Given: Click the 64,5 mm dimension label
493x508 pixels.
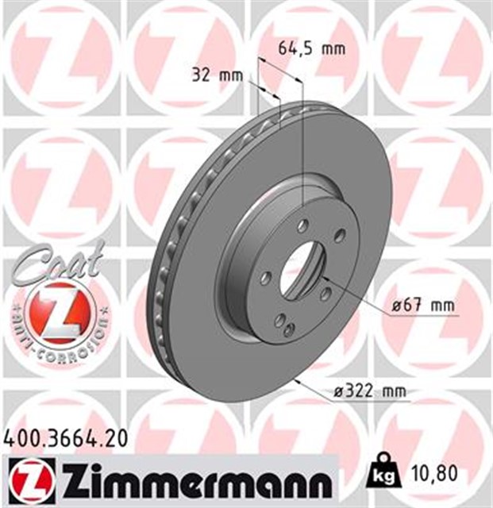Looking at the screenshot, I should click(x=312, y=49).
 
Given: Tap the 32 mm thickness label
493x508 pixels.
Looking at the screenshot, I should click(x=217, y=77).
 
